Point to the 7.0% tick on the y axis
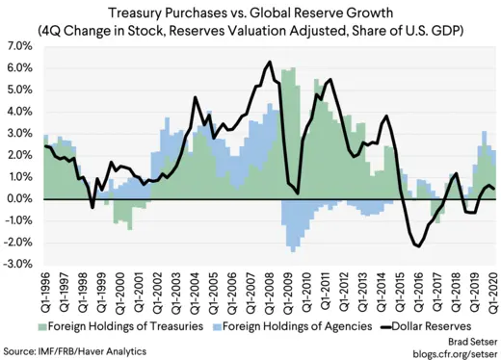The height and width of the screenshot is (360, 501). [20, 46]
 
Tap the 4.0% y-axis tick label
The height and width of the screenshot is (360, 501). [20, 112]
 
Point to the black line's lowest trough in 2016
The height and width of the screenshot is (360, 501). [418, 246]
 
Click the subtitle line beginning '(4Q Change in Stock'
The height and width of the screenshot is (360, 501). [250, 30]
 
